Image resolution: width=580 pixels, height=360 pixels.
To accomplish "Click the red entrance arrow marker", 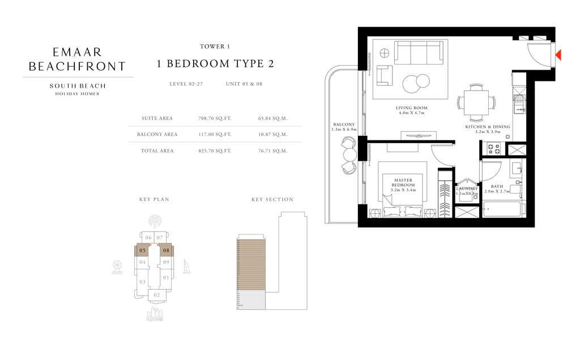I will point(558,55).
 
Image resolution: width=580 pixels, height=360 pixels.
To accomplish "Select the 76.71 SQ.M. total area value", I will point(272,151).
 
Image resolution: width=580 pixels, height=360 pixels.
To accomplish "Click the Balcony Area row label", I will point(157,135).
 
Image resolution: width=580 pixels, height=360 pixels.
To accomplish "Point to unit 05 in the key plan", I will point(143,250).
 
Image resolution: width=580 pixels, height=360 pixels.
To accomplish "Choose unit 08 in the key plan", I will point(166,250).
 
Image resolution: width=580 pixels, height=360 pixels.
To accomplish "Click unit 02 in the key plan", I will point(156,295).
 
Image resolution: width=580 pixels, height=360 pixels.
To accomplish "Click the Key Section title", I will point(272,199).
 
